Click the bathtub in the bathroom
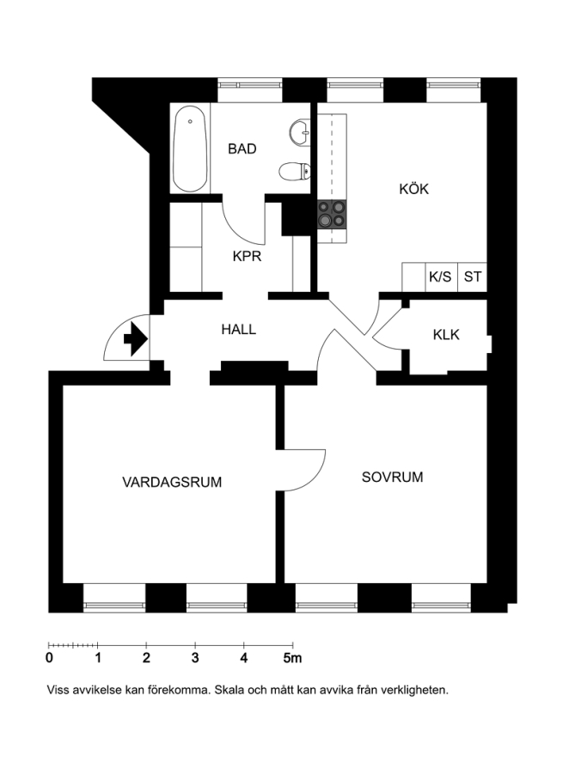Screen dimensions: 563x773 click(190, 149)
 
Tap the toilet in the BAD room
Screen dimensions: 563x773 click(295, 172)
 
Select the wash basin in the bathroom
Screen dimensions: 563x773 click(299, 132)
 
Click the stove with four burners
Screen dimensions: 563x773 click(332, 215)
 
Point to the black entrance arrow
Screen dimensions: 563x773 click(136, 338)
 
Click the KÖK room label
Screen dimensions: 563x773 click(414, 189)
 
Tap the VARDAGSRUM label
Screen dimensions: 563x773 click(172, 482)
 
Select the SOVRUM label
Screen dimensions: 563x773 click(392, 478)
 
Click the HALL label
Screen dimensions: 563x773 click(239, 329)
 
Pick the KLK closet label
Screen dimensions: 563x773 click(446, 335)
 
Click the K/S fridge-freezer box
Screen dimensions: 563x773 click(441, 277)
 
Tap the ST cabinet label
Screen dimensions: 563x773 click(472, 277)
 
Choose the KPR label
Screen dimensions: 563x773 click(248, 256)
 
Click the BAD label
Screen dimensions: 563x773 click(242, 149)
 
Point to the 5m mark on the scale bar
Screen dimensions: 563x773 click(292, 658)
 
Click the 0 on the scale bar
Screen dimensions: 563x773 click(49, 658)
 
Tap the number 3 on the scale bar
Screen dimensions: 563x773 click(195, 658)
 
